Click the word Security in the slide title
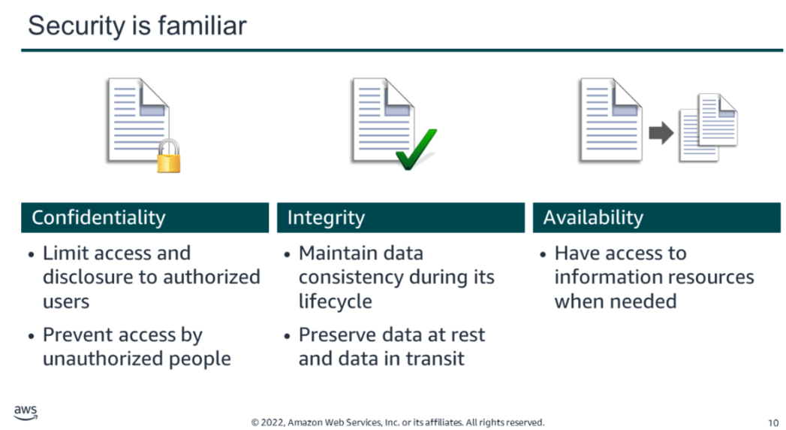click(x=76, y=26)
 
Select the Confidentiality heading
click(x=98, y=218)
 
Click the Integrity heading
click(x=326, y=218)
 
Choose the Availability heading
click(x=593, y=218)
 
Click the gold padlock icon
click(x=168, y=156)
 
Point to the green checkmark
click(x=416, y=150)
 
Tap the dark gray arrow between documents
click(x=661, y=133)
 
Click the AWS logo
click(x=26, y=413)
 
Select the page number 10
click(x=773, y=423)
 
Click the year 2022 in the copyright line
click(x=272, y=422)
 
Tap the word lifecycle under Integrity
click(x=336, y=301)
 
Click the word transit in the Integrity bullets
click(x=435, y=359)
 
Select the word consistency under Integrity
click(x=351, y=277)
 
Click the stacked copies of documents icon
click(x=708, y=128)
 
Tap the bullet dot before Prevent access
click(x=31, y=336)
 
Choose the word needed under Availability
click(x=647, y=301)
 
